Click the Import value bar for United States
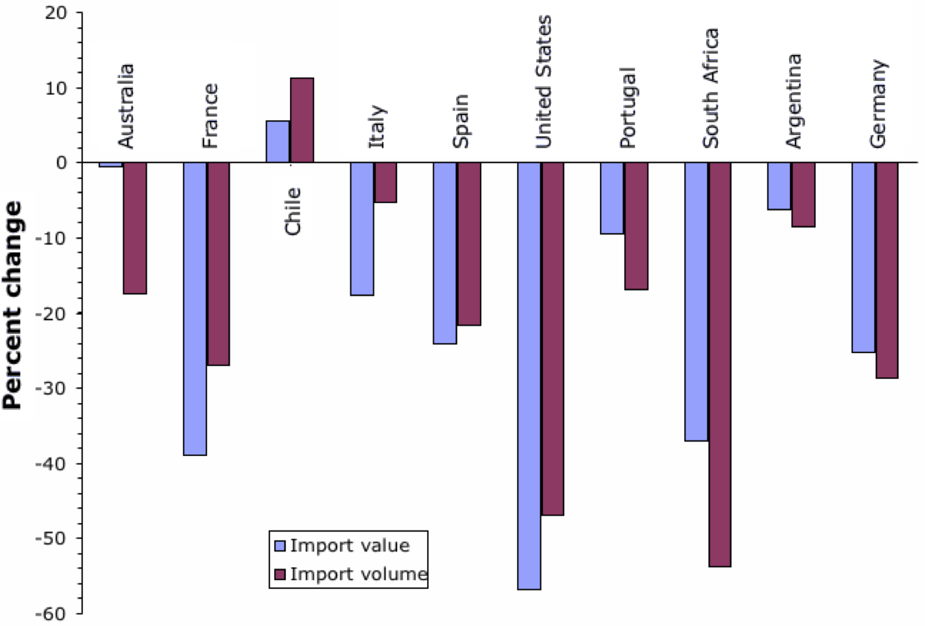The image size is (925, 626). click(529, 376)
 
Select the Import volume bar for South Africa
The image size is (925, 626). click(720, 364)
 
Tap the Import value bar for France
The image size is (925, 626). click(195, 309)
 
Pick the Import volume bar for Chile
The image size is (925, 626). click(302, 120)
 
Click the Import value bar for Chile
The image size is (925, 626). click(278, 141)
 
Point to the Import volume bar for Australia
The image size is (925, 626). click(134, 228)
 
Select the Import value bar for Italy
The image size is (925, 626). click(362, 228)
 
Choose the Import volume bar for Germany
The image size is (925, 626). click(887, 270)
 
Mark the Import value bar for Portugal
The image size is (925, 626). click(612, 198)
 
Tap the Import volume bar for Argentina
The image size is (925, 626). click(803, 195)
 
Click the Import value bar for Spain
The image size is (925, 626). click(445, 253)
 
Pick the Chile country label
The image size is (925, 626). click(293, 211)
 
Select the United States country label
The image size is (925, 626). click(544, 82)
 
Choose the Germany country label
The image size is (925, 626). click(878, 104)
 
